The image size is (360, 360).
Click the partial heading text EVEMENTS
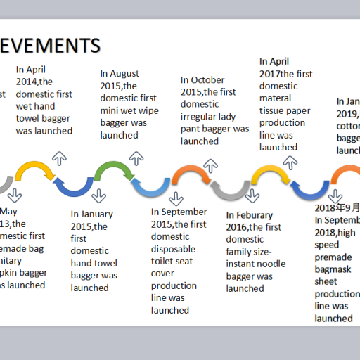50,46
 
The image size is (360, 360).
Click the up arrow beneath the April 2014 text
60,157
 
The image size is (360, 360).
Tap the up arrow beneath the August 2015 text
138,158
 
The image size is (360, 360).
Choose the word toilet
165,261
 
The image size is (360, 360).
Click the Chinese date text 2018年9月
337,208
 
